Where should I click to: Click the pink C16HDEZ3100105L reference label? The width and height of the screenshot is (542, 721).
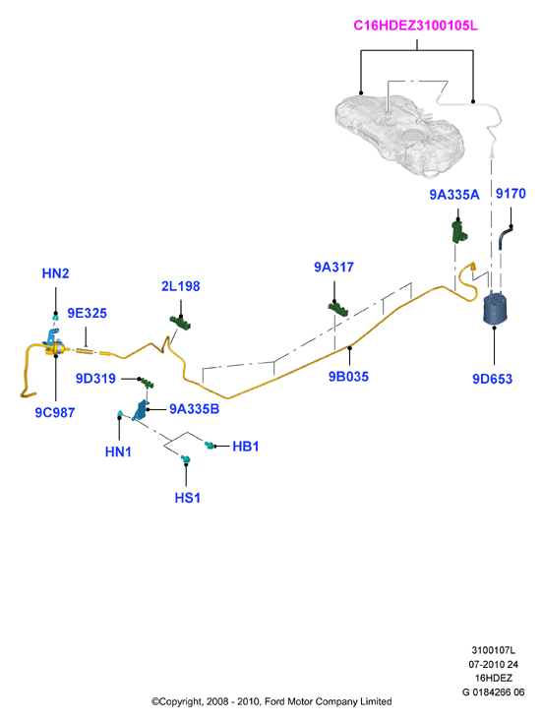(x=415, y=26)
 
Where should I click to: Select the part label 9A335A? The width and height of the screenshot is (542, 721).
(x=454, y=195)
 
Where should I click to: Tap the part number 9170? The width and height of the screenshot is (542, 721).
(x=511, y=194)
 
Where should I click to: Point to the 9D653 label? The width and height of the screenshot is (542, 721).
(x=493, y=379)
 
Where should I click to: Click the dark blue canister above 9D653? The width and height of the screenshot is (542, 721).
(x=496, y=308)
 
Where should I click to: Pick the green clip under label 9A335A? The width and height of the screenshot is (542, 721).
(x=459, y=232)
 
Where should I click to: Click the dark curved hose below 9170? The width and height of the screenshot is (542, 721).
(x=505, y=237)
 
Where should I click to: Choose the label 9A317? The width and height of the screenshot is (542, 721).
(x=333, y=268)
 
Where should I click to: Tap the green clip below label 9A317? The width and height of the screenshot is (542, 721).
(x=337, y=309)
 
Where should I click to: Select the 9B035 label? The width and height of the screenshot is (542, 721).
(x=348, y=377)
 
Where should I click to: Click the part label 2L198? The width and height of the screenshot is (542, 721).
(x=181, y=286)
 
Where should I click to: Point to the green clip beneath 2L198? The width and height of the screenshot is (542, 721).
(x=180, y=322)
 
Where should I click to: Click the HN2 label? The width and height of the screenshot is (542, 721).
(x=56, y=273)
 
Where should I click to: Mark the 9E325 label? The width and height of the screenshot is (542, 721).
(x=87, y=313)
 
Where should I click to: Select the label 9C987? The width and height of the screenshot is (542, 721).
(x=55, y=412)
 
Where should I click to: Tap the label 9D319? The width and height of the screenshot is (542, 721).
(x=95, y=379)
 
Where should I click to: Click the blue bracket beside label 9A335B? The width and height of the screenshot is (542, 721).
(x=141, y=410)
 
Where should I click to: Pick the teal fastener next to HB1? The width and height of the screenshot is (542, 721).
(x=211, y=446)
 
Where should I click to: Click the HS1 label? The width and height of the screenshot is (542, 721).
(x=188, y=498)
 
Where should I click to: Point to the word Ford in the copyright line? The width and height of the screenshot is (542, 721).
(x=274, y=701)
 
